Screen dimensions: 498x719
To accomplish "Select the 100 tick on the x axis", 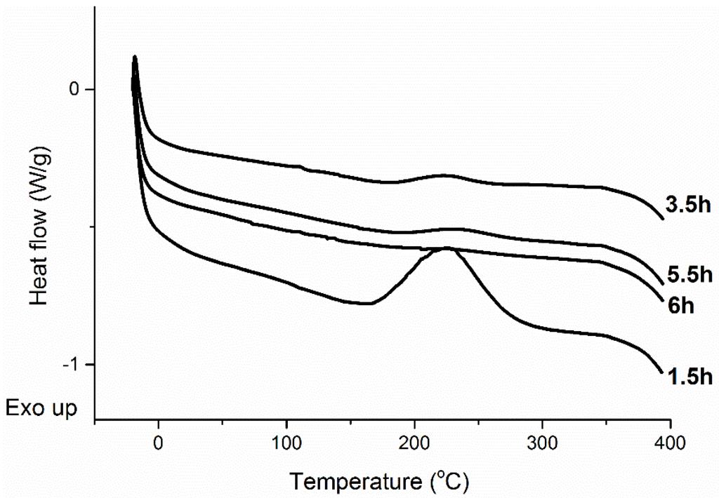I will pos(286,443).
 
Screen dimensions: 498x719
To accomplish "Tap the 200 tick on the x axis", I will pos(415,443).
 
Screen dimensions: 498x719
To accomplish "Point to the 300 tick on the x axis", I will pos(543,443).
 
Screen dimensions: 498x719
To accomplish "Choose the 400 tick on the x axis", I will pos(671,443).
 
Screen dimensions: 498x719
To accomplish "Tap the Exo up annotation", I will pos(41,408).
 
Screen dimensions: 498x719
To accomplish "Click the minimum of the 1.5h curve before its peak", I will pos(365,303).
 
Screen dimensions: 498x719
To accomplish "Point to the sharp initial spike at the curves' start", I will pos(134,58).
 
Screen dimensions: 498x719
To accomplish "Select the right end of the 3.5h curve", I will pos(662,218).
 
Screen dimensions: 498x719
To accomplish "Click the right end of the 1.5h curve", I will pos(661,372).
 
